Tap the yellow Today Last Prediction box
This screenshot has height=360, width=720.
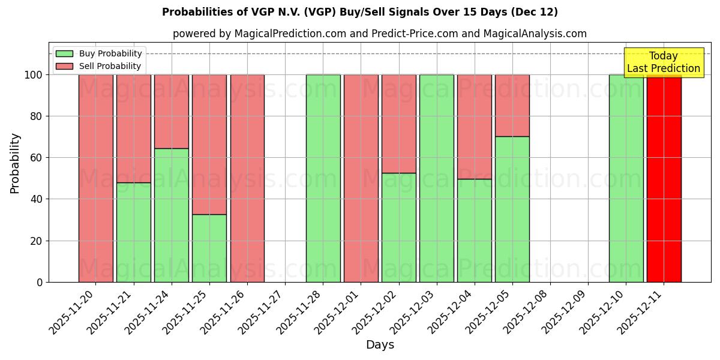tap(664, 62)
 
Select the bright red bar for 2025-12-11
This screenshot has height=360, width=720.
tap(664, 180)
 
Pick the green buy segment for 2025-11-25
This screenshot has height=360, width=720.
tap(209, 248)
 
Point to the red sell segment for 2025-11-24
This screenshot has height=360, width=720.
tap(172, 111)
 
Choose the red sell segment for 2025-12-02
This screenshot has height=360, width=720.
tap(398, 124)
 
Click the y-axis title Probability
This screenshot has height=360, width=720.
tap(15, 163)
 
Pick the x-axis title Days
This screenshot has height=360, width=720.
tap(380, 345)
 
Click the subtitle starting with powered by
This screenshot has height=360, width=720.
tap(379, 34)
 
